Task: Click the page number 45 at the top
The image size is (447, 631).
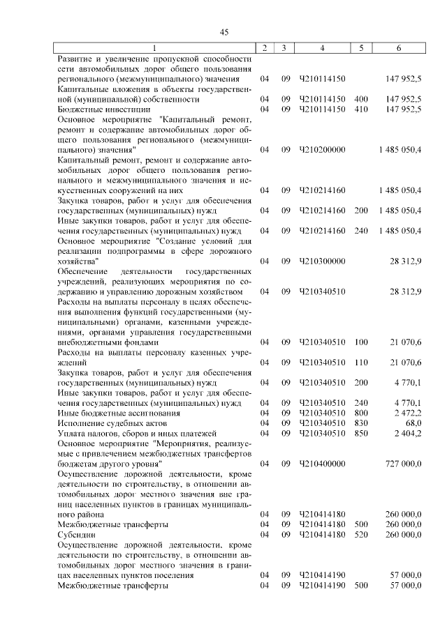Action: [223, 32]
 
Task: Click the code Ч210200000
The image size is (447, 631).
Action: [322, 149]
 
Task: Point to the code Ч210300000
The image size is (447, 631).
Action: [322, 261]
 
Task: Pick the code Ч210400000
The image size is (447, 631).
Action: [322, 463]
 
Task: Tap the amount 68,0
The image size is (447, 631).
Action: [412, 423]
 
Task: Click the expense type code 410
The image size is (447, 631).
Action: [361, 109]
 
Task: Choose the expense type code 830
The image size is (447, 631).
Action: [361, 423]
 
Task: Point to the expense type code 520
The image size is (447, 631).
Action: [361, 534]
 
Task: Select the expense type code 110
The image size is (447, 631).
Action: [361, 363]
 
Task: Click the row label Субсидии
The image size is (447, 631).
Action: [75, 534]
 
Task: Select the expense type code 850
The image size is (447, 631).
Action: [361, 433]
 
